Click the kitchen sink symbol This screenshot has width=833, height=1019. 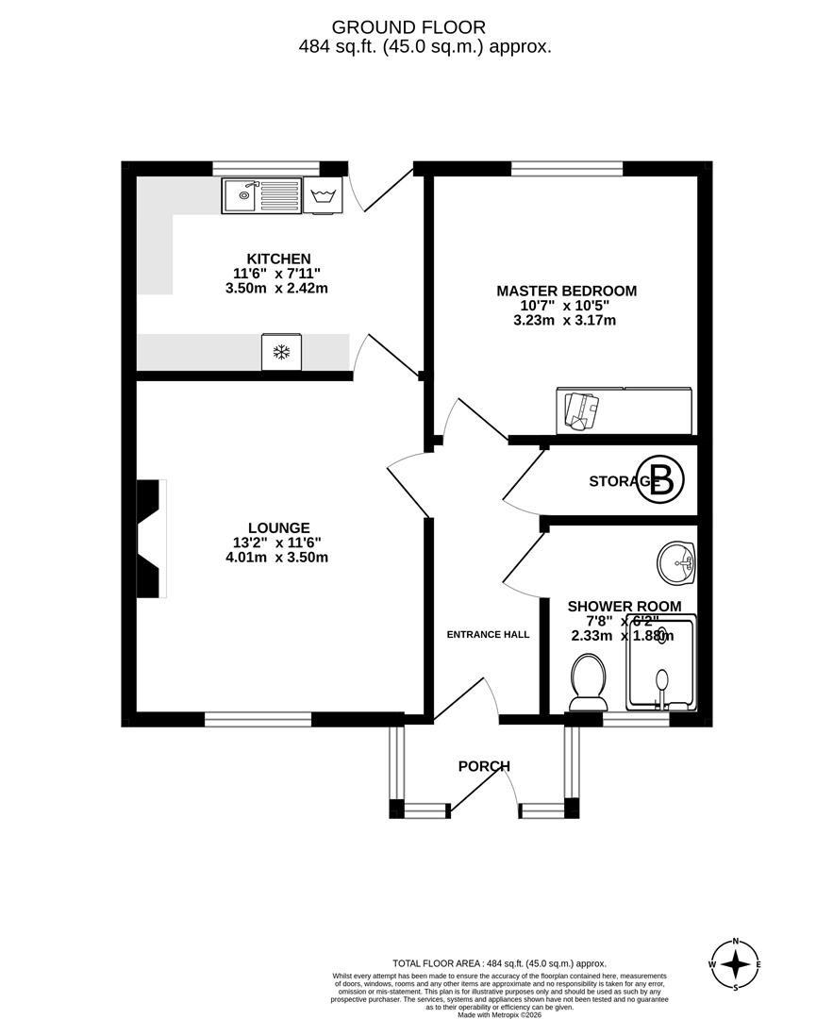click(x=261, y=195)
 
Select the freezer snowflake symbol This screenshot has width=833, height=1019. click(x=281, y=353)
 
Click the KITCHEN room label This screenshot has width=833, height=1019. click(x=278, y=259)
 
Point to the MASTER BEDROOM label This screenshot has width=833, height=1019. click(x=566, y=291)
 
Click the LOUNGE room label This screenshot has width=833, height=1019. click(x=278, y=527)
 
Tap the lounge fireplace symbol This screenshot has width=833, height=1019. click(x=151, y=539)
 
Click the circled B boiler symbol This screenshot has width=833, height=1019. click(x=662, y=480)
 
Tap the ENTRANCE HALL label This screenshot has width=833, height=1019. click(x=488, y=634)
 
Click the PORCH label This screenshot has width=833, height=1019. click(x=484, y=766)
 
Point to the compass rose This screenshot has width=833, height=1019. click(x=736, y=964)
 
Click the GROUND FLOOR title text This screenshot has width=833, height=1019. click(x=415, y=28)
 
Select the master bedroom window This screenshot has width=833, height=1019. click(x=566, y=169)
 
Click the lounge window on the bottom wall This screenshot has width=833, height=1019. click(x=258, y=719)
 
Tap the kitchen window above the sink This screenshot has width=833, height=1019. click(x=266, y=169)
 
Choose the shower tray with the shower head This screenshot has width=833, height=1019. click(x=662, y=664)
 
